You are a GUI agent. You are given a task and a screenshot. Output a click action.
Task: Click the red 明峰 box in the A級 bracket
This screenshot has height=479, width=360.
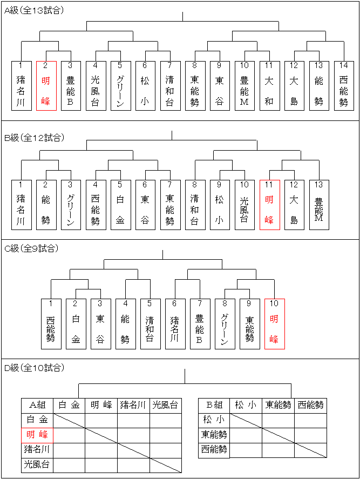[46, 86]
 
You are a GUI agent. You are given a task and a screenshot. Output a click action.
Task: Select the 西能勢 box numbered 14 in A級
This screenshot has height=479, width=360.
[344, 86]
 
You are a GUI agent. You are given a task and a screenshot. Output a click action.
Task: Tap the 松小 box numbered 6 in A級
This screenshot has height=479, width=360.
[145, 86]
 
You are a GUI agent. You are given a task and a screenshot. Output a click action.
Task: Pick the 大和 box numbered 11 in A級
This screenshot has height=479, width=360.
[270, 86]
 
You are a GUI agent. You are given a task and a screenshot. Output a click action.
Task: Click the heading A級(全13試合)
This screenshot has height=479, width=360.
[34, 11]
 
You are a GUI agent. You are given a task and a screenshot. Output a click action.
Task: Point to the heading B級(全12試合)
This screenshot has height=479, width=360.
[34, 138]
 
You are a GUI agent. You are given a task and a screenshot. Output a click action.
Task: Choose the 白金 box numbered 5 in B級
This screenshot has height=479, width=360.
[120, 205]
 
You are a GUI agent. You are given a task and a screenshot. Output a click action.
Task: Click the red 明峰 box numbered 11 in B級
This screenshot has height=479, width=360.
[270, 205]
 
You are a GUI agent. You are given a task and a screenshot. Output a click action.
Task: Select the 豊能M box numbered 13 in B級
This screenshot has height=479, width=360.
[319, 205]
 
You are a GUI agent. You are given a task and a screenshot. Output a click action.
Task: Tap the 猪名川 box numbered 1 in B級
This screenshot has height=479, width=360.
[22, 205]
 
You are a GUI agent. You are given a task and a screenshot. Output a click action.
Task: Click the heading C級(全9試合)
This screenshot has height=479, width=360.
[31, 248]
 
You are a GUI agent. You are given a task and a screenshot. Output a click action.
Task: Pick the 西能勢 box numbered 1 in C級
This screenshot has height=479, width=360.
[51, 324]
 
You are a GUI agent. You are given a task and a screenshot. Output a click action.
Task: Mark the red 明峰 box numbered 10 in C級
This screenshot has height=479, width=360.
[275, 324]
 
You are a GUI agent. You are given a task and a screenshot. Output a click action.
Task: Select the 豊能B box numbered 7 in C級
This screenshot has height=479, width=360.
[200, 324]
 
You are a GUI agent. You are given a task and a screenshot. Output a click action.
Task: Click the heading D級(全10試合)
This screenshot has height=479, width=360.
[34, 368]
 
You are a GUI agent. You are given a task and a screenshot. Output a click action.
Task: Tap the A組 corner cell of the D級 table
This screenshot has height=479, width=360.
[37, 406]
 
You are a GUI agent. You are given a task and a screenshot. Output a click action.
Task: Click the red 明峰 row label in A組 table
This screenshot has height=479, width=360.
[37, 435]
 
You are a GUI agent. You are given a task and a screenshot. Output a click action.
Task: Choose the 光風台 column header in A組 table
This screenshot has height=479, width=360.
[166, 406]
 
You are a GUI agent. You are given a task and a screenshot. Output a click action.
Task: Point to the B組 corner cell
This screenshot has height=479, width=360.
[214, 406]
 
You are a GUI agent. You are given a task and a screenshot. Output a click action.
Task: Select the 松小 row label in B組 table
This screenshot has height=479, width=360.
[214, 420]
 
